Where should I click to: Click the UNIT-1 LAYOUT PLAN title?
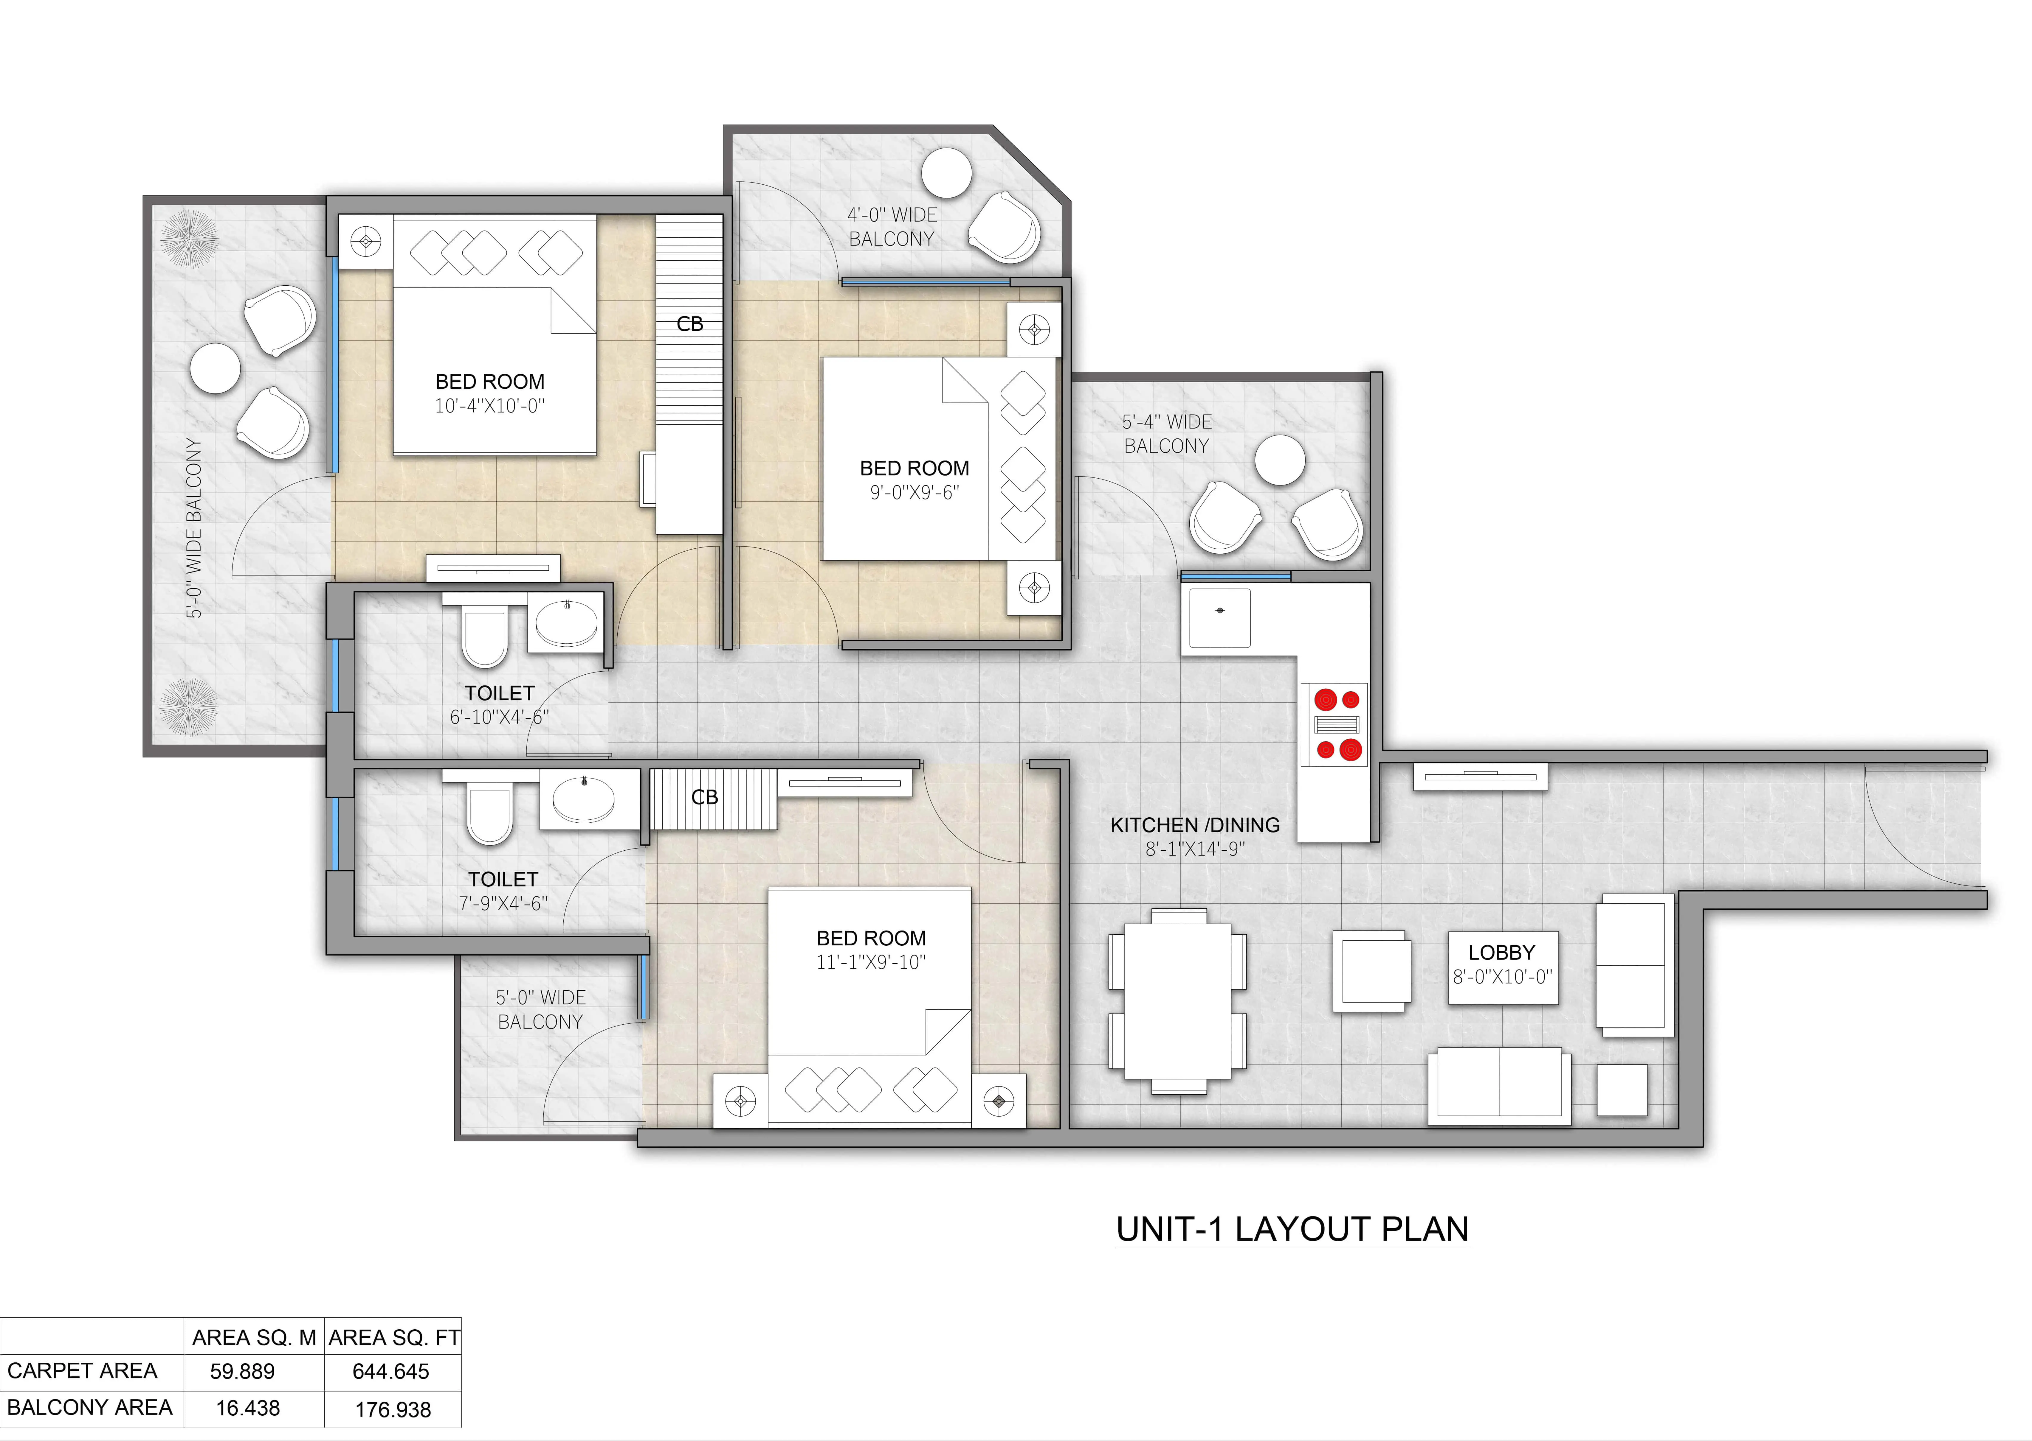click(1292, 1229)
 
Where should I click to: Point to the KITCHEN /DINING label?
click(1195, 825)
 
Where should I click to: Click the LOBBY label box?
click(1503, 967)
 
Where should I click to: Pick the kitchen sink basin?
click(1220, 617)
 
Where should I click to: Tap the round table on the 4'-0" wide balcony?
click(946, 173)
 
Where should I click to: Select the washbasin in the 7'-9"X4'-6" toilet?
click(583, 799)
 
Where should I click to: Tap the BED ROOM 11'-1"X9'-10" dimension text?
click(871, 962)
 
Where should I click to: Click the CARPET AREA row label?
click(83, 1371)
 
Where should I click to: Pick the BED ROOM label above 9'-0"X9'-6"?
click(915, 469)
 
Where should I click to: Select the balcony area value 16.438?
click(248, 1408)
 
